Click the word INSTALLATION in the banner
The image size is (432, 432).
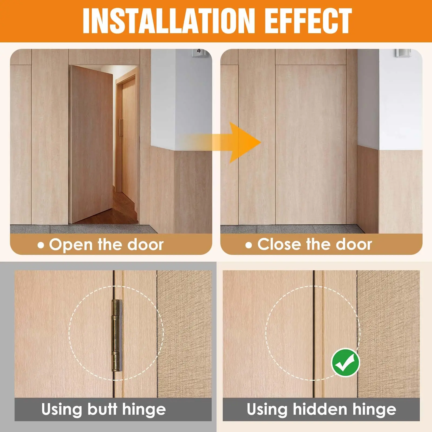169,21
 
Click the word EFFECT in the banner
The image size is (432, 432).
308,21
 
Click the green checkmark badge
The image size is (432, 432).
346,363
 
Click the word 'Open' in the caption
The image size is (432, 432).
71,245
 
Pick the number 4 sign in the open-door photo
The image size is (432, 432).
199,51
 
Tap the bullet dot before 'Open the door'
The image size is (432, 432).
41,245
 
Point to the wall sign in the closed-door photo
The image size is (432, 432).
403,53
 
